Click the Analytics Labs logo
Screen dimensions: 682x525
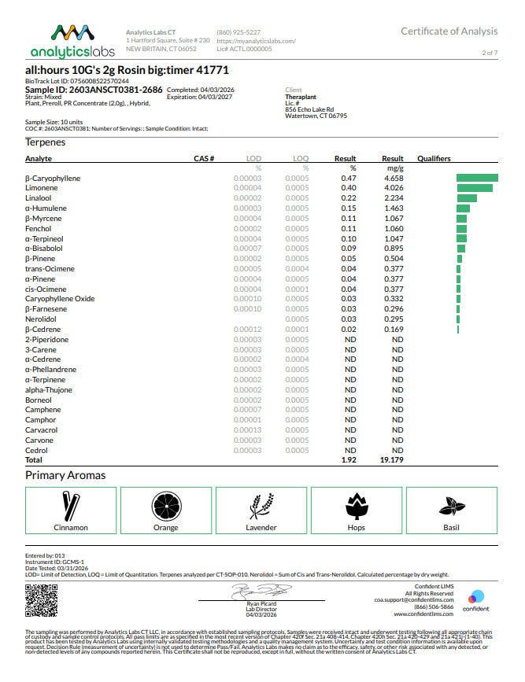click(72, 41)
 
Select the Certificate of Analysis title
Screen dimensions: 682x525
click(449, 31)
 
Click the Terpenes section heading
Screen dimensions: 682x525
click(46, 142)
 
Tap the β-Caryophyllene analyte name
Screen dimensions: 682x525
click(53, 179)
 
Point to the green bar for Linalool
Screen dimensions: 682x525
click(467, 198)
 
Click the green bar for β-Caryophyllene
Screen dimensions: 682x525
click(477, 179)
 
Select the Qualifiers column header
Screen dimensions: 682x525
click(434, 159)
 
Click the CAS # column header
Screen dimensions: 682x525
click(204, 159)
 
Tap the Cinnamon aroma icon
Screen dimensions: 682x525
click(71, 504)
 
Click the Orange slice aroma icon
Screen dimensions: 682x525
click(167, 504)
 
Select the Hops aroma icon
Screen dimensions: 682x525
click(357, 504)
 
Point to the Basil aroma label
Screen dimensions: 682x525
click(451, 528)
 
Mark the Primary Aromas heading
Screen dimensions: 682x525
click(65, 475)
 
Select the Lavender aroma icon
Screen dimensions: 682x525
click(261, 504)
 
